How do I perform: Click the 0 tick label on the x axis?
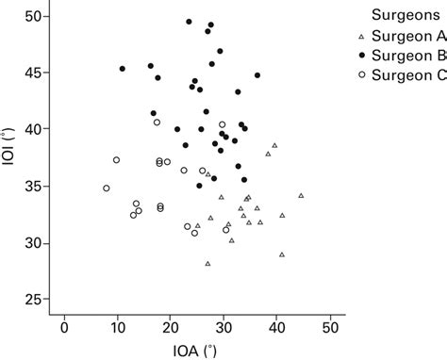coord(64,328)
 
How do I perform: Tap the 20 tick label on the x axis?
coord(171,328)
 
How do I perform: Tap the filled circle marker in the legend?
coord(362,56)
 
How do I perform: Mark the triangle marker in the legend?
coord(362,37)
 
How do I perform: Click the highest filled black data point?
coord(189,22)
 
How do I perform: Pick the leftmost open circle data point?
coord(107,188)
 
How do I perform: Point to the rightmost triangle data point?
coord(301,196)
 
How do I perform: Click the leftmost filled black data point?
coord(123,69)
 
